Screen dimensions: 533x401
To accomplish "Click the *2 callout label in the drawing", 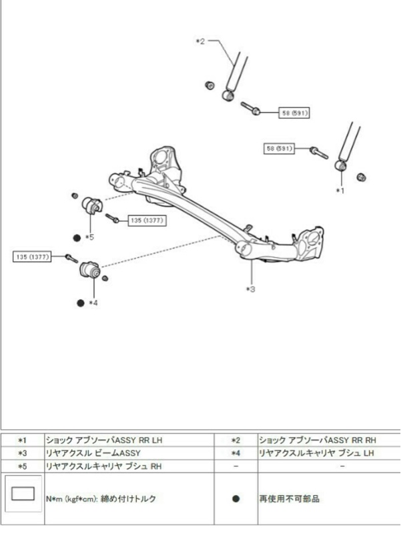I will (199, 41).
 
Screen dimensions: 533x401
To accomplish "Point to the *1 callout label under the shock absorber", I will (340, 191).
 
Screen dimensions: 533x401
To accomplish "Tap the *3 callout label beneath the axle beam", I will (251, 288).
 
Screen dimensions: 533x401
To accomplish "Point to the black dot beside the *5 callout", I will (77, 237).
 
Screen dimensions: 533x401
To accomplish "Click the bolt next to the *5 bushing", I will (111, 218).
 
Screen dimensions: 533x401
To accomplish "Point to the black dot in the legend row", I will (235, 498).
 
